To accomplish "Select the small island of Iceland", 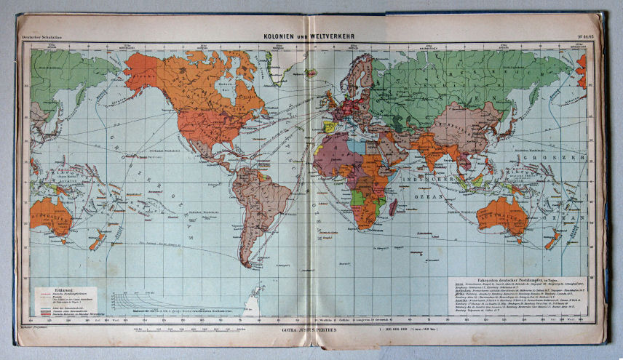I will tap(311, 73).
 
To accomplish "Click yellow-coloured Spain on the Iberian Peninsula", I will tap(330, 127).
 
